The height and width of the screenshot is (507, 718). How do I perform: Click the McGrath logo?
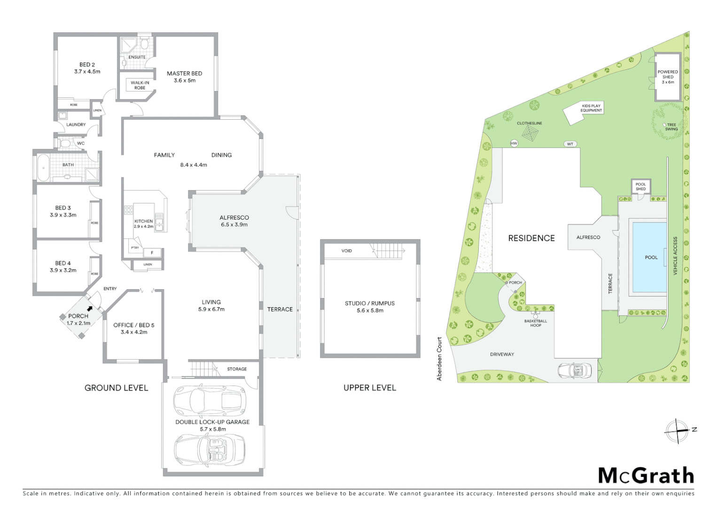tap(646, 476)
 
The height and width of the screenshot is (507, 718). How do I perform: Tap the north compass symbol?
tap(677, 430)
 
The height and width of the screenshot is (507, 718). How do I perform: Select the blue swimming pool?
tap(650, 257)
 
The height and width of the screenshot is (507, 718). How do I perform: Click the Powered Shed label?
tap(668, 77)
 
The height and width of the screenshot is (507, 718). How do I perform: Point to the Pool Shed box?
tap(640, 186)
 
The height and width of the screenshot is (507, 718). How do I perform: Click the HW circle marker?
tap(514, 143)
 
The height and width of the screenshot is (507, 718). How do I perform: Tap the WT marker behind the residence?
tap(570, 144)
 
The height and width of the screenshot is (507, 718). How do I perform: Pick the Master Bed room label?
tap(184, 77)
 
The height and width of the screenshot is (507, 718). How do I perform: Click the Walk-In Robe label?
tap(140, 85)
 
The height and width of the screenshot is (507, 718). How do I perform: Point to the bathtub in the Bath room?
tap(43, 167)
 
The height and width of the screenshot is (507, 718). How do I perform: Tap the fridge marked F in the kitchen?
tap(152, 253)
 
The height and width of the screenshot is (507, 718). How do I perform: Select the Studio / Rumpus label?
tap(370, 307)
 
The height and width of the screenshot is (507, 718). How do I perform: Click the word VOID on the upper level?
tap(346, 251)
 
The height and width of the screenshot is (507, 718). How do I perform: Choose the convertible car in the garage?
tap(210, 449)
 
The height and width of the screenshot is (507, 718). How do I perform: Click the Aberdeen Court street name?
tap(440, 359)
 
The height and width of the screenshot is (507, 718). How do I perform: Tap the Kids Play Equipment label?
tap(591, 108)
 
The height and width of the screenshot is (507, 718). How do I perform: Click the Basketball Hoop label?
tap(536, 323)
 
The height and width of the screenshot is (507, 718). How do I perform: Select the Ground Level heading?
tap(116, 388)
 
